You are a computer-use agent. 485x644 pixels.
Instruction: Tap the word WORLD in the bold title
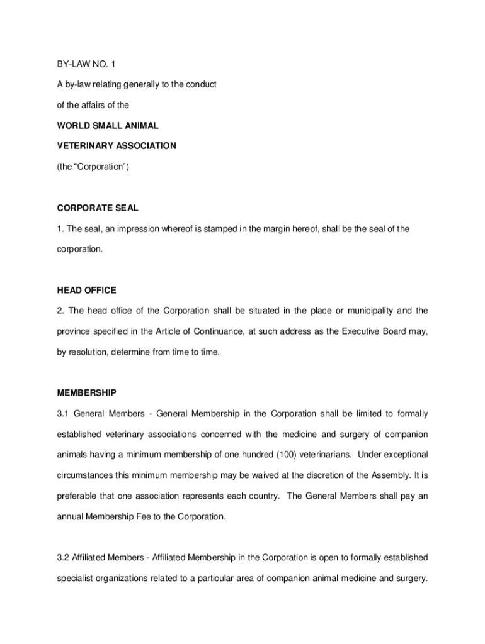(x=74, y=126)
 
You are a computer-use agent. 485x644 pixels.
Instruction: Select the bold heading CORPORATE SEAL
(x=98, y=208)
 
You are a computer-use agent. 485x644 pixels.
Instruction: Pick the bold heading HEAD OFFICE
(x=87, y=291)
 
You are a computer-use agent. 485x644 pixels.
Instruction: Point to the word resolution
(x=87, y=352)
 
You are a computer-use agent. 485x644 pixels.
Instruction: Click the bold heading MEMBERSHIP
(x=87, y=393)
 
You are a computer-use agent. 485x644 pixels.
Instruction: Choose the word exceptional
(x=402, y=455)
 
